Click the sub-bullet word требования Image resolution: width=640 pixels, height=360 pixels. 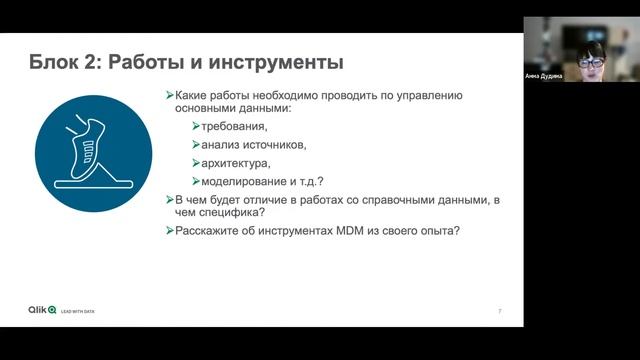234,126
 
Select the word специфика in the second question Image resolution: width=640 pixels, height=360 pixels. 234,212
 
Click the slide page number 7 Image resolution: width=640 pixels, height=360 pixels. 500,312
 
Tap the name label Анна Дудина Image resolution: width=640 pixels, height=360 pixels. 544,76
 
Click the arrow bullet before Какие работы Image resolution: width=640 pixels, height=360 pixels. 169,95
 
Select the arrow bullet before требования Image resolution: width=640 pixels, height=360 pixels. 196,126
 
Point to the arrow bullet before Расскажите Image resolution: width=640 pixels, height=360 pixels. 169,231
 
